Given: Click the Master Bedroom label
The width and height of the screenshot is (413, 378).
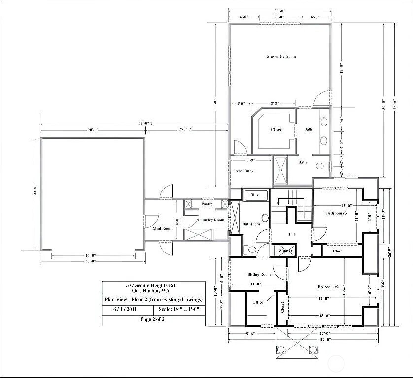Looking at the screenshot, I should point(281,57).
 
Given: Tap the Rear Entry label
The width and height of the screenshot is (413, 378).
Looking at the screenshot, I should point(243,171).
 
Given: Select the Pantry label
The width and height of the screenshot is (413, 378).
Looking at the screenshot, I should point(207,204).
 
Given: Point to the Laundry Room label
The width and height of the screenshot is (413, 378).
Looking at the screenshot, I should point(211,220).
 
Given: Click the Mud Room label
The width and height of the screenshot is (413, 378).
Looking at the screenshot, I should point(162,229).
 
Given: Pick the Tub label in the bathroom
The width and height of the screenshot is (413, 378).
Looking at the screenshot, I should point(254,195).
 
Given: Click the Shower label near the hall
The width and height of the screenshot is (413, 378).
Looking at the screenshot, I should point(286,251).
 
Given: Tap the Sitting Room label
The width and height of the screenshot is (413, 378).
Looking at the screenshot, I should point(259,274).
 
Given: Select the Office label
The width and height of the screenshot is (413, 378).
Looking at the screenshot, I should point(257,302).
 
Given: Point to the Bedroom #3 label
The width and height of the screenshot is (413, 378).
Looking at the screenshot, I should point(337,213).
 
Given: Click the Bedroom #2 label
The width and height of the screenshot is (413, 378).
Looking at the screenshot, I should point(328,287).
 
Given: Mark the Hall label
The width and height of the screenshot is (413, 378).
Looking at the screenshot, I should point(291,234).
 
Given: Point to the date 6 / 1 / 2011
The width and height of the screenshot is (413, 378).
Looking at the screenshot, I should point(121,309).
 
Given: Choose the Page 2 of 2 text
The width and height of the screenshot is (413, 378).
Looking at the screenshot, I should point(153,319).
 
